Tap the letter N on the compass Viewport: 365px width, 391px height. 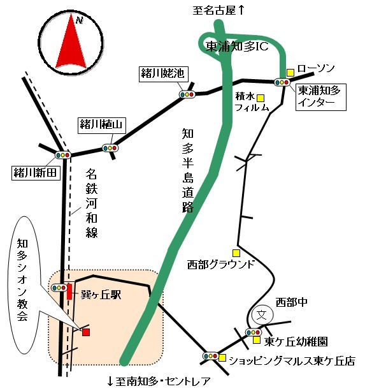coord(80,20)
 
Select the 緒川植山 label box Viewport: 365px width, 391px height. coord(102,126)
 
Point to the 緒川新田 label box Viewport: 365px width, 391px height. coord(36,173)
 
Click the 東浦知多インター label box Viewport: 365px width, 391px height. coord(320,97)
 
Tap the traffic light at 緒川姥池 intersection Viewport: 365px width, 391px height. coord(187,94)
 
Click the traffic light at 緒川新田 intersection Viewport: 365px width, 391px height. coord(63,155)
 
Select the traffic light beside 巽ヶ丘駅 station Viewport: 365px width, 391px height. coord(59,288)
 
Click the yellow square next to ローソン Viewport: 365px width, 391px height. coord(290,73)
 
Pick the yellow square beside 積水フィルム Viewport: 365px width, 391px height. coord(261,98)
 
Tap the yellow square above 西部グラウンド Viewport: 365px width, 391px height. coord(236,253)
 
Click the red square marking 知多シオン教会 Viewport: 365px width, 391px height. coord(86,332)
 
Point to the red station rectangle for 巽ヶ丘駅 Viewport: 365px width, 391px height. coord(69,291)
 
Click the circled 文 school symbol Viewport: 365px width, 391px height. coord(262,314)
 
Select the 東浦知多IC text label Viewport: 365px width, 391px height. coord(237,47)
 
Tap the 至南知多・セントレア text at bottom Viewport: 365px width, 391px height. coord(159,381)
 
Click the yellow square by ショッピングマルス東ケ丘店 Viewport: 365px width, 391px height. coord(222,358)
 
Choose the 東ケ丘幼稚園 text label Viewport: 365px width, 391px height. coord(296,342)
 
